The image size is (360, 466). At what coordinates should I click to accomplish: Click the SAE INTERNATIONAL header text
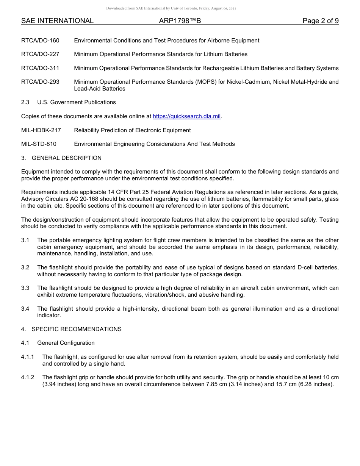pos(57,21)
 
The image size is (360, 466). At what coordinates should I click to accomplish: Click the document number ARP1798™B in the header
pos(180,21)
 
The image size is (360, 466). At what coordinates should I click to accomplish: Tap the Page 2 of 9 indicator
pos(321,21)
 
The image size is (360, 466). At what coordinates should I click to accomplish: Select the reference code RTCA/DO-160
pos(40,41)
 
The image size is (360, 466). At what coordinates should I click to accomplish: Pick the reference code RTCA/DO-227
pos(40,54)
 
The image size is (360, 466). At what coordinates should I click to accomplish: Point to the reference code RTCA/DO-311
pos(40,68)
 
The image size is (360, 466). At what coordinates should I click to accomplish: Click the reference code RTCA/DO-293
pos(40,82)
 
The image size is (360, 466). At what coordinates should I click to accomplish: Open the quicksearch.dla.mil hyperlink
pos(186,116)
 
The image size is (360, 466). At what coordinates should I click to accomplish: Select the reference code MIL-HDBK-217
pos(41,130)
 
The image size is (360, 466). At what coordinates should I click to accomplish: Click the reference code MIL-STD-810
pos(39,144)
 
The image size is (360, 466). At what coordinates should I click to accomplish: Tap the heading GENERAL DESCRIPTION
pos(67,158)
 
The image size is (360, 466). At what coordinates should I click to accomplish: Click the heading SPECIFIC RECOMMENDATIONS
pos(77,329)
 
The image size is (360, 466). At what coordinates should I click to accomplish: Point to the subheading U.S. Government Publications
pos(77,102)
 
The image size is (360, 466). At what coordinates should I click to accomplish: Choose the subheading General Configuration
pos(66,343)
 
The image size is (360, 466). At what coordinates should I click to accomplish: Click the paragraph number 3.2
pos(25,267)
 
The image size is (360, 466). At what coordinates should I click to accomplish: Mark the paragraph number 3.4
pos(25,309)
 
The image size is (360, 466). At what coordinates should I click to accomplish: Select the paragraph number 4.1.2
pos(28,377)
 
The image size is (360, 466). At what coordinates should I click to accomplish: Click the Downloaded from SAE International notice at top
pos(171,8)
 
